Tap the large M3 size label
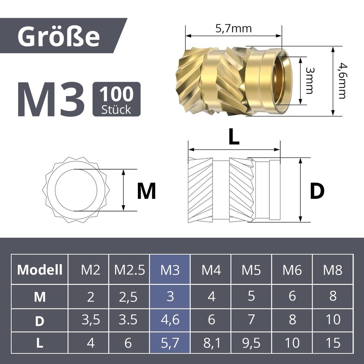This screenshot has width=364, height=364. point(51,99)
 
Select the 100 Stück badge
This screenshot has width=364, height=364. point(116,99)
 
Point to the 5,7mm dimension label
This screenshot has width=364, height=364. point(233,29)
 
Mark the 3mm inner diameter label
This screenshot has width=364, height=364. point(309,81)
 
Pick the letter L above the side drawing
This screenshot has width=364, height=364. point(234,137)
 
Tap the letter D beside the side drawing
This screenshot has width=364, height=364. point(317,191)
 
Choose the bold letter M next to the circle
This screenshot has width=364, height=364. point(146,191)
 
